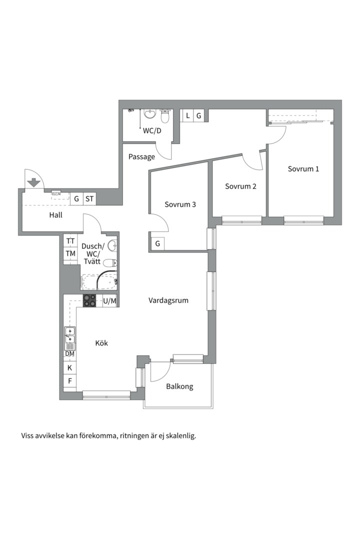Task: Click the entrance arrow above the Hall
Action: click(x=34, y=182)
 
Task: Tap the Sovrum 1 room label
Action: click(x=303, y=169)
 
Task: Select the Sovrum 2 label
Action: click(x=240, y=186)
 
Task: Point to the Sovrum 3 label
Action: click(x=180, y=204)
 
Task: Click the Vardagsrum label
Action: click(x=168, y=300)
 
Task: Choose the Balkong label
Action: click(x=179, y=386)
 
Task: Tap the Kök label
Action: click(x=101, y=343)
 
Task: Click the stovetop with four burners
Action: click(x=89, y=300)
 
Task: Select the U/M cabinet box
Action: click(x=110, y=300)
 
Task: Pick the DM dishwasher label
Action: click(x=69, y=353)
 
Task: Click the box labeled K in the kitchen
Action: click(x=70, y=367)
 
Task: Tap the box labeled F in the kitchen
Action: click(x=70, y=381)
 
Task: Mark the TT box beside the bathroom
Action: click(x=70, y=241)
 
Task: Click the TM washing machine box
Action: click(x=70, y=254)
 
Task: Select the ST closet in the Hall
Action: click(x=89, y=198)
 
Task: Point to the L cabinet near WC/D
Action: click(x=187, y=115)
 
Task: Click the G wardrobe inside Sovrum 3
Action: click(x=158, y=244)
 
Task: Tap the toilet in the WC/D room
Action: click(x=165, y=116)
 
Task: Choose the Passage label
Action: click(x=141, y=157)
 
